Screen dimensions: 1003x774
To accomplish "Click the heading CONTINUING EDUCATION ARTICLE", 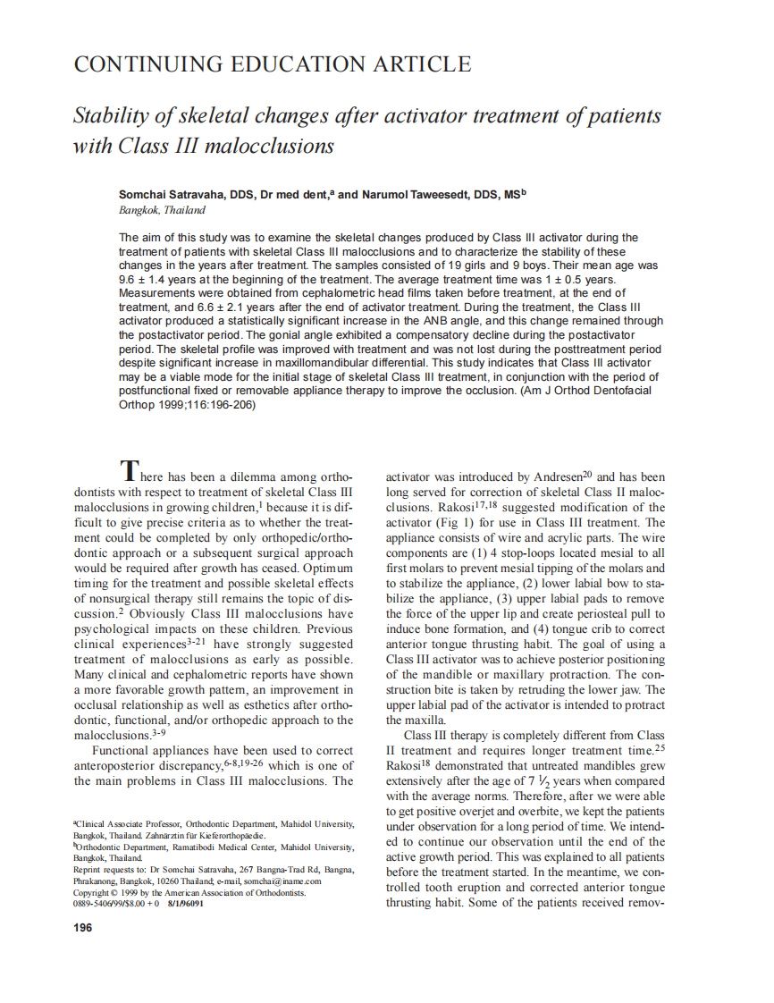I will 272,64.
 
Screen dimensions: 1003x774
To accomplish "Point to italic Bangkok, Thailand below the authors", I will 162,210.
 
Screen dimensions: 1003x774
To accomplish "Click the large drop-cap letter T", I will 130,469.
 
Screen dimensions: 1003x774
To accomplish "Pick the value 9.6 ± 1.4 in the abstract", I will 148,279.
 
